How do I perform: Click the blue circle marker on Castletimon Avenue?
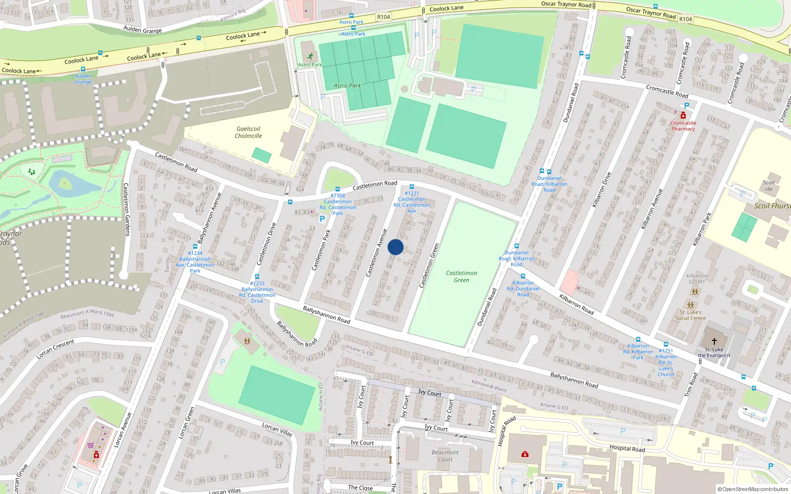(395, 247)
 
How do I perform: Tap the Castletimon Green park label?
(461, 277)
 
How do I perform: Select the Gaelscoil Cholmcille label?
(248, 132)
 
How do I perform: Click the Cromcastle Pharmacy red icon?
(683, 116)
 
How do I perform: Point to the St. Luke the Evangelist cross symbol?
(714, 341)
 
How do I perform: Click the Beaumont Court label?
(445, 455)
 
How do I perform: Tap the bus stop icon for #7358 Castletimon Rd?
(338, 189)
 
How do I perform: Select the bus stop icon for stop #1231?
(411, 187)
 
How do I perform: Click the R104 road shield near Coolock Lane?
(384, 17)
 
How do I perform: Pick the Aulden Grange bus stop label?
(83, 79)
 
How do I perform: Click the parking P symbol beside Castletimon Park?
(322, 219)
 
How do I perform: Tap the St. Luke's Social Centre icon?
(691, 305)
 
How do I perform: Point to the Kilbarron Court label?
(697, 279)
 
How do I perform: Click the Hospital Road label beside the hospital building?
(627, 448)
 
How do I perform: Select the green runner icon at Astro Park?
(310, 57)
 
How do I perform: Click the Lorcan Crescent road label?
(55, 349)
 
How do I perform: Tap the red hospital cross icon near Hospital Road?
(525, 453)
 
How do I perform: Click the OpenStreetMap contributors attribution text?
(752, 490)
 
